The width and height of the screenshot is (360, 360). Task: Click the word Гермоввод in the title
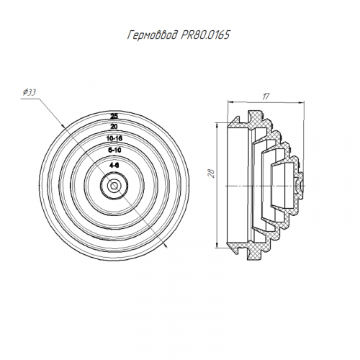coord(153,36)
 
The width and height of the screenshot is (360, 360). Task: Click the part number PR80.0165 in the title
coord(206,35)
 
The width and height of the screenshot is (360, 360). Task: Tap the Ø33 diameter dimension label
coord(30,92)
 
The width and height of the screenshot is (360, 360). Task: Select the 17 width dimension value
coord(266,96)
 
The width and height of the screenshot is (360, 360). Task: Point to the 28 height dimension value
coord(211,173)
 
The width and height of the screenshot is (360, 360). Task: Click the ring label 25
coord(114,117)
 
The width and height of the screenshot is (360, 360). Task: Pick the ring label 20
coord(114,126)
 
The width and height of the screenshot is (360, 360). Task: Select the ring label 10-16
coord(114,138)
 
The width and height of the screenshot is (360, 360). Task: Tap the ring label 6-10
coord(114,150)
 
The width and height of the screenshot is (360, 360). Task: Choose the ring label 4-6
coord(114,165)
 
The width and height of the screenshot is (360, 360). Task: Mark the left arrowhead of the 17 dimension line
coord(230,102)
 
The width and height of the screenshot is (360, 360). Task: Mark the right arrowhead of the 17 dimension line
coord(302,102)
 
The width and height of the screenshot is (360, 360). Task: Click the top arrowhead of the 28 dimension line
coord(217,125)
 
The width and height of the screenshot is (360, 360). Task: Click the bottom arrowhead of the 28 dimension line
coord(217,244)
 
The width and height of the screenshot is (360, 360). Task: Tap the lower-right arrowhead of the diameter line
coord(166,245)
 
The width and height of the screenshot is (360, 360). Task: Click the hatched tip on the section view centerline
coord(300,185)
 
